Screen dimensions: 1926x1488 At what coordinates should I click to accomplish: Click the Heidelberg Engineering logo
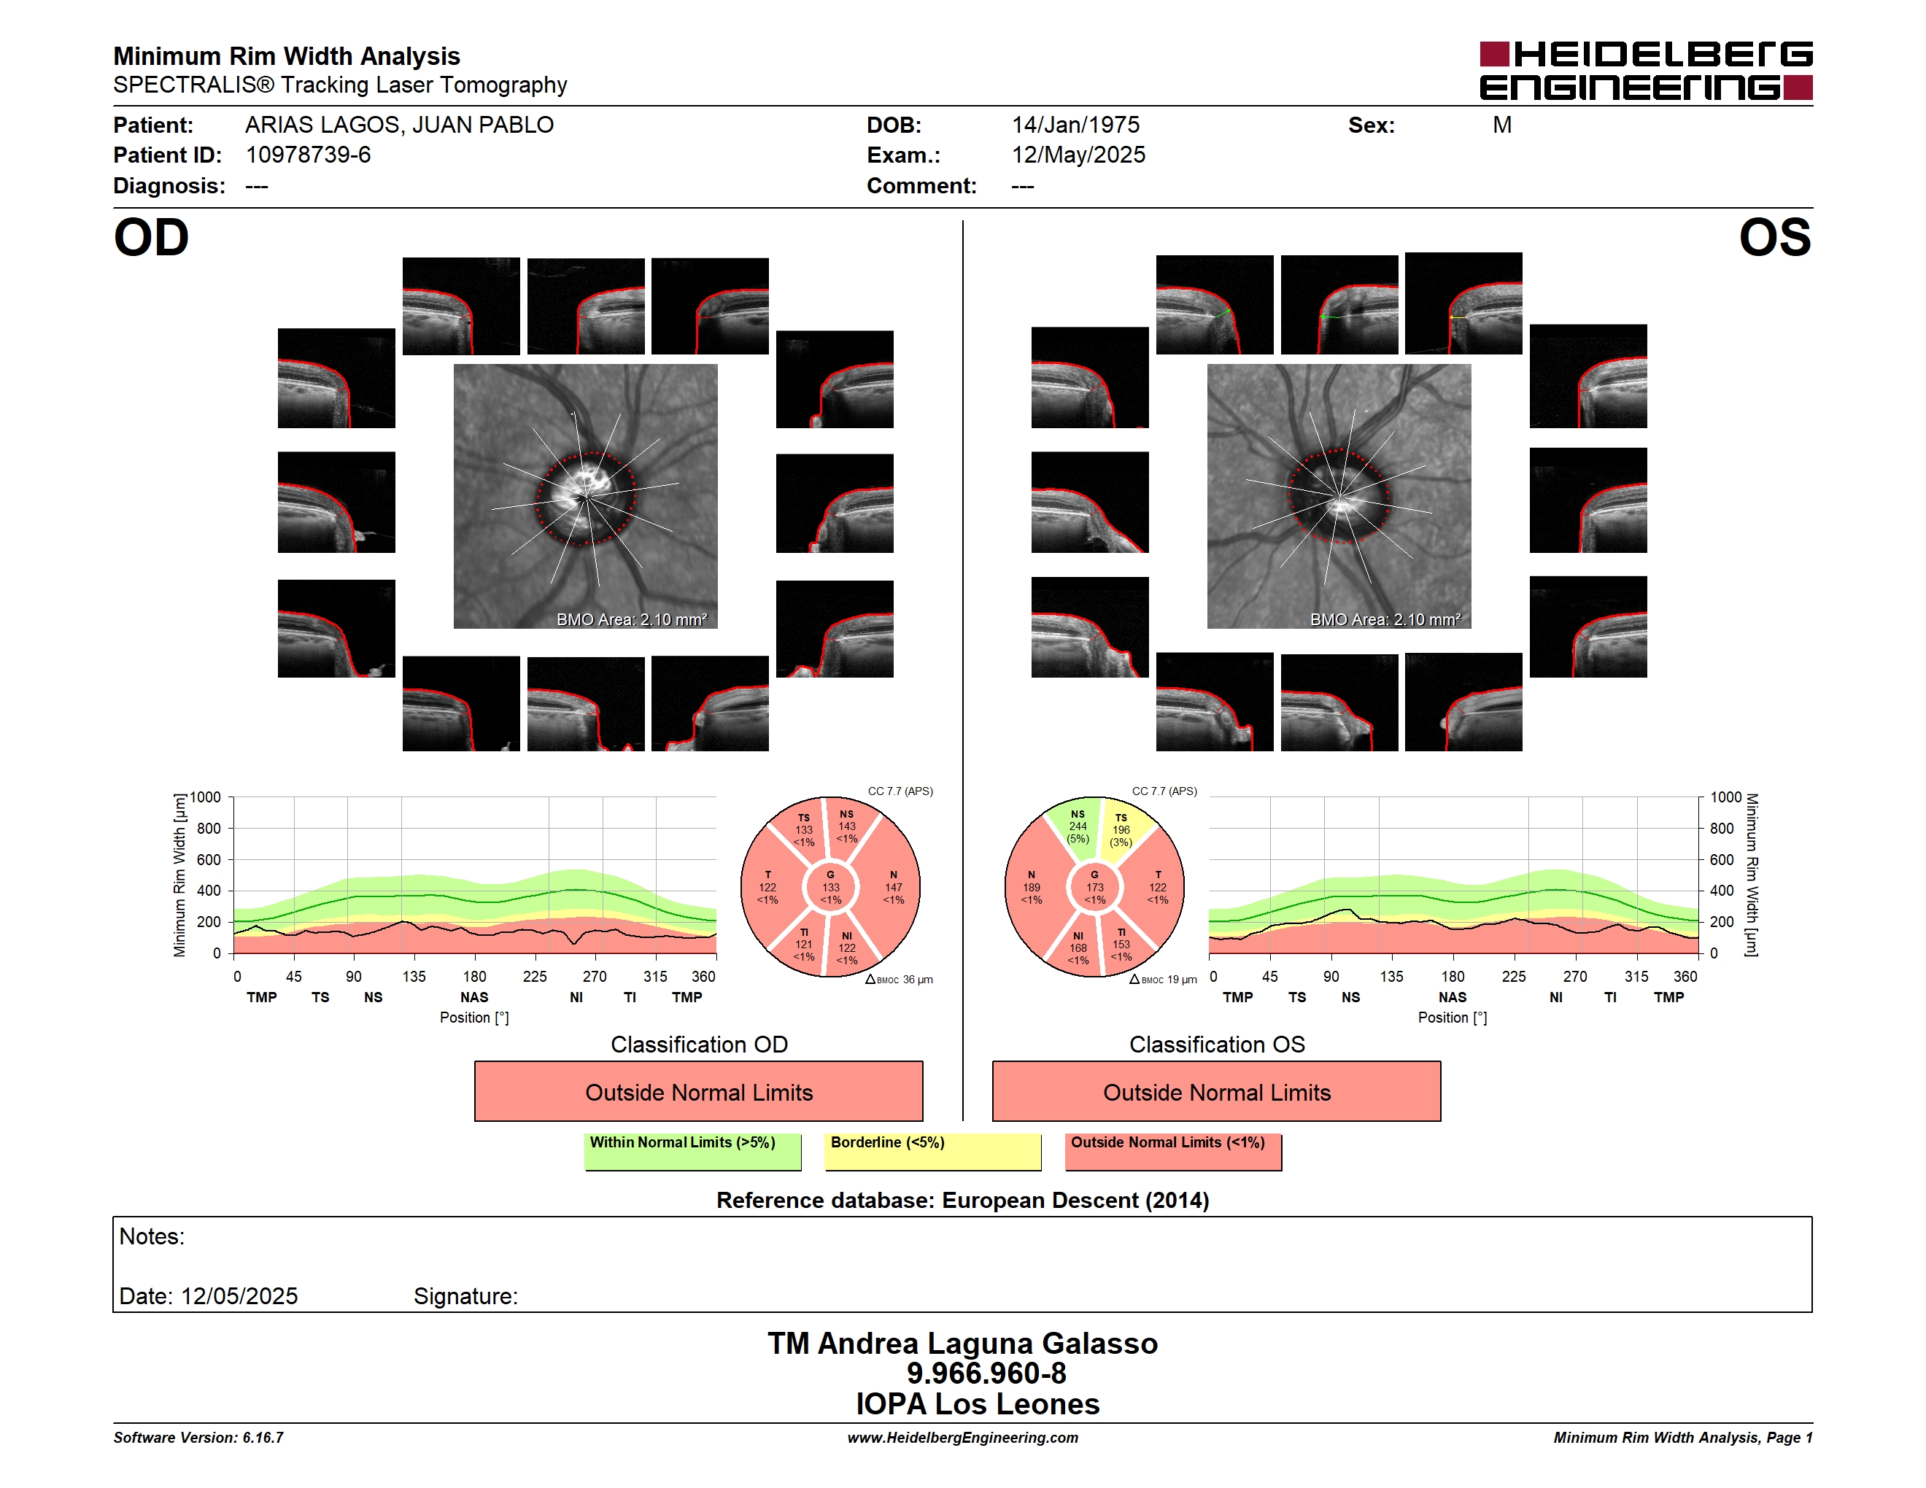pos(1646,71)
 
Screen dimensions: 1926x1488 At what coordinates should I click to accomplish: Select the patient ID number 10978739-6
pos(308,155)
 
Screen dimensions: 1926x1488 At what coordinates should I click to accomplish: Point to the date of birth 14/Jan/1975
pos(1075,125)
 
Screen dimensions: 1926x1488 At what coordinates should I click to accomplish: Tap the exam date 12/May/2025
pos(1078,155)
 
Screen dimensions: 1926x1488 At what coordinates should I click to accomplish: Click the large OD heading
pos(151,238)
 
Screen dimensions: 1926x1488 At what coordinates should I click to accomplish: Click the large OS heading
pos(1774,238)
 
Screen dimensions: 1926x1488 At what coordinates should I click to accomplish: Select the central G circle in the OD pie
pos(829,887)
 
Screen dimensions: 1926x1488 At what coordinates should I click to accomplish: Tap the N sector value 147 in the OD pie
pos(894,888)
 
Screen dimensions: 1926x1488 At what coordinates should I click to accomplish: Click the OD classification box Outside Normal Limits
pos(698,1091)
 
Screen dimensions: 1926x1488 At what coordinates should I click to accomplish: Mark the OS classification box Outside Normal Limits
pos(1216,1091)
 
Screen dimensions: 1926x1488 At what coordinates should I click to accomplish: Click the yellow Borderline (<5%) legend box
pos(933,1151)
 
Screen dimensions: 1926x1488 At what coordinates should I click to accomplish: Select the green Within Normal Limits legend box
pos(692,1151)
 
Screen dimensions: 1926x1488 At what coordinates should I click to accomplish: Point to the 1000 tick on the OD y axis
pos(206,797)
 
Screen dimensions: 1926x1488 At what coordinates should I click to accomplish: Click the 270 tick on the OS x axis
pos(1574,976)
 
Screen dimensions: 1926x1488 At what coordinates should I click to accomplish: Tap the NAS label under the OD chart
pos(474,997)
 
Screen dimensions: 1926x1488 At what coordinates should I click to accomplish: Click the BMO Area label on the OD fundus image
pos(631,620)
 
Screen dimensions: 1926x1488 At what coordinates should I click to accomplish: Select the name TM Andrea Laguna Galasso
pos(962,1343)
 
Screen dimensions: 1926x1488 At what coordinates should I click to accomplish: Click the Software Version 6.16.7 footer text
pos(198,1438)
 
